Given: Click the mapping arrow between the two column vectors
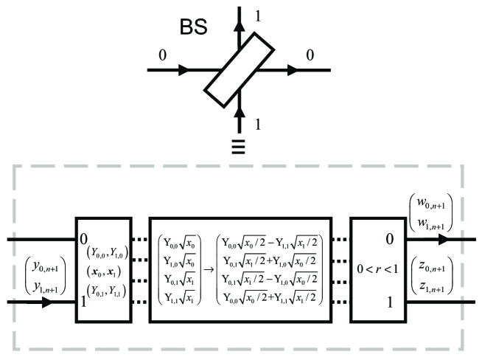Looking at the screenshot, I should (209, 269).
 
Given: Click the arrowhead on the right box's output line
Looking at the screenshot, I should (445, 240).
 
